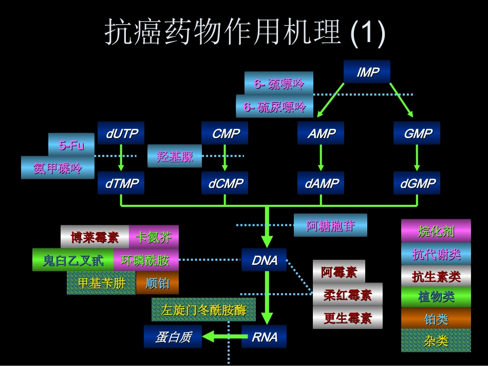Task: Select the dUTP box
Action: tap(122, 133)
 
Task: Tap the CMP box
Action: tap(225, 133)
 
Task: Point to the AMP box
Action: tap(321, 133)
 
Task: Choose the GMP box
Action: tap(417, 133)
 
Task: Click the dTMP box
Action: tap(122, 183)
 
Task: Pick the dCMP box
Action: tap(225, 183)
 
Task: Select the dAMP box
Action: tap(321, 183)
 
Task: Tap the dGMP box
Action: tap(417, 183)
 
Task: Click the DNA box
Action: tap(264, 260)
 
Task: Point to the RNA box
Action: tap(264, 337)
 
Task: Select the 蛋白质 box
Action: tap(173, 337)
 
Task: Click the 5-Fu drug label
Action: tap(72, 145)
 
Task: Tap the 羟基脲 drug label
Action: tap(175, 157)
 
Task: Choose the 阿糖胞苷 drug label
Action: tap(330, 225)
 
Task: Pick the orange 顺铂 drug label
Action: tap(157, 283)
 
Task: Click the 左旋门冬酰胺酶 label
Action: tap(203, 310)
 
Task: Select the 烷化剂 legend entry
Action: tap(436, 231)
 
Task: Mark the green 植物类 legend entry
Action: tap(436, 297)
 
